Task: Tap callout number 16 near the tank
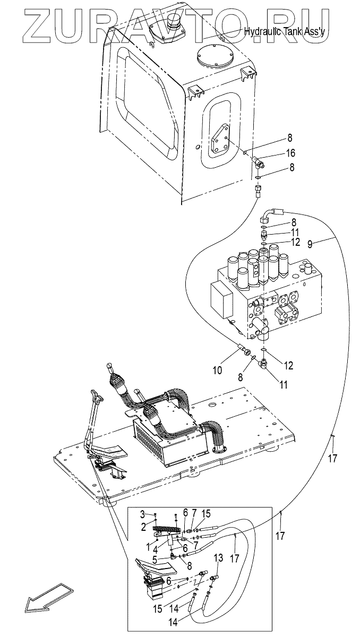pos(290,153)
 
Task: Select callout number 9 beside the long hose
pos(310,244)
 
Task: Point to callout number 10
pos(218,371)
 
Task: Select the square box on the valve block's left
pos(221,300)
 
